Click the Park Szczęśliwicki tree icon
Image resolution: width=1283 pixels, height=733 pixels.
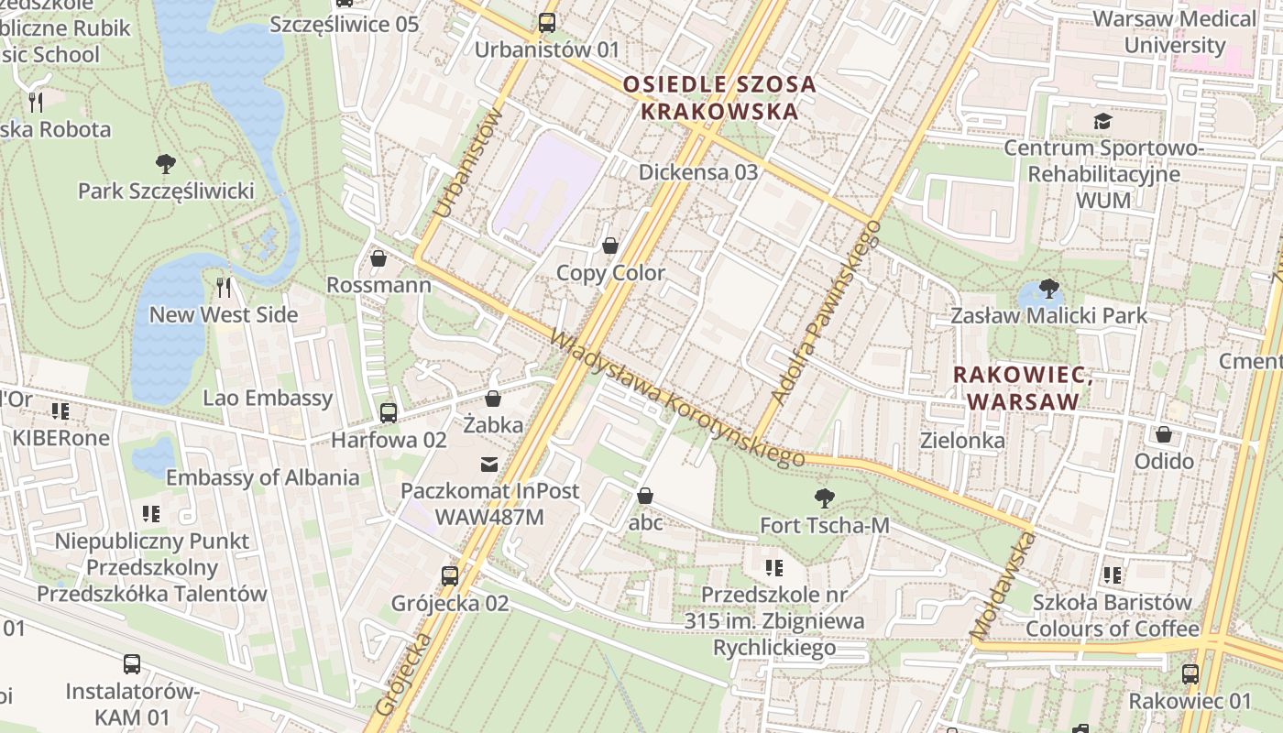pos(166,164)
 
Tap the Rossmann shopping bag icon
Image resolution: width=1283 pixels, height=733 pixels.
pos(378,259)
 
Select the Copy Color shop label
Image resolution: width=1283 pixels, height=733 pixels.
pos(610,274)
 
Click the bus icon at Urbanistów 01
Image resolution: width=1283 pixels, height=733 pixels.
pos(547,23)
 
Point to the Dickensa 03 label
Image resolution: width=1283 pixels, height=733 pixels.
pos(698,172)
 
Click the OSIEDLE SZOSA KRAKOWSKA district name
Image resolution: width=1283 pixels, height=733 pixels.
pos(718,98)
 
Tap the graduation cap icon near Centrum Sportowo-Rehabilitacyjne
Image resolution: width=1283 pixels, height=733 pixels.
pos(1102,121)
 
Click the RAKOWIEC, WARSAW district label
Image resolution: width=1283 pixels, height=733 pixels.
pos(1023,388)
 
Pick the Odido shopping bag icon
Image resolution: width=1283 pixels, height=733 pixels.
pos(1164,434)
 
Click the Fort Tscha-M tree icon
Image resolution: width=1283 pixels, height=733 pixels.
pos(825,498)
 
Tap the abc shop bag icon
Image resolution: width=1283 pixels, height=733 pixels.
pos(645,497)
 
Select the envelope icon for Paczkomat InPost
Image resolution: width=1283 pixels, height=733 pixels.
pos(490,465)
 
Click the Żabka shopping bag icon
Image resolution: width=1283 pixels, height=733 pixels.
pos(493,399)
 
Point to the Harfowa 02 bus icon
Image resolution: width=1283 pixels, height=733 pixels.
pos(389,413)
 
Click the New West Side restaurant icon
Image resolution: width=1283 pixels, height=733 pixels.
pos(224,288)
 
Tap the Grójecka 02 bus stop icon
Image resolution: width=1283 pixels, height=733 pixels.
pos(450,575)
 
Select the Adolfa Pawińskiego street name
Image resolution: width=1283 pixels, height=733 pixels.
pos(826,312)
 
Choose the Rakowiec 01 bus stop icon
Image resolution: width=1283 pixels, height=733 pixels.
pos(1190,674)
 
